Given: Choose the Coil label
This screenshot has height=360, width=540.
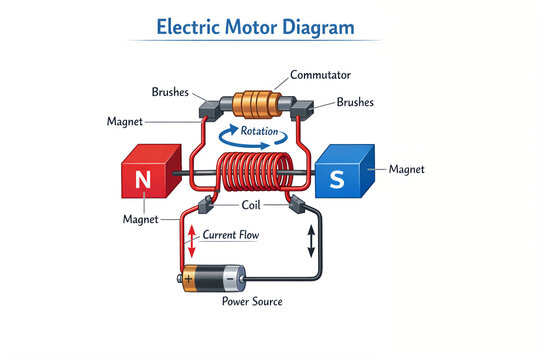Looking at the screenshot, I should click(x=252, y=205).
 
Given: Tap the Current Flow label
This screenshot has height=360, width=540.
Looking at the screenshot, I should click(x=232, y=235).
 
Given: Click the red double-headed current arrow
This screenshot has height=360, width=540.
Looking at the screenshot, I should click(x=191, y=240).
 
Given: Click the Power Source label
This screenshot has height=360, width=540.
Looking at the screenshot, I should click(x=251, y=301).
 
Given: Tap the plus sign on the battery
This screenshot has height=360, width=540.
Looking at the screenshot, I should click(x=188, y=278).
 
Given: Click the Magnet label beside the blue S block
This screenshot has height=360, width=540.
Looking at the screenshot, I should click(x=406, y=170).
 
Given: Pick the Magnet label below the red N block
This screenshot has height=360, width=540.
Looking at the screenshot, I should click(x=141, y=219).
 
